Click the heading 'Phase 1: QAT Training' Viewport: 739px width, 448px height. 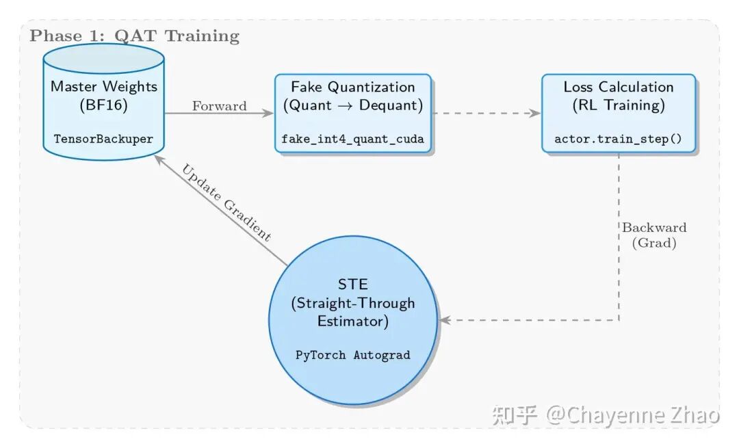pos(134,36)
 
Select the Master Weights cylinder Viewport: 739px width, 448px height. pos(103,103)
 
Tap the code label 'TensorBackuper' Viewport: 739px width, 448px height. pos(103,139)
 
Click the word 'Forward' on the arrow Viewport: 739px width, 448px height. pos(219,106)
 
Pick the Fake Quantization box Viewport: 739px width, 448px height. pos(353,114)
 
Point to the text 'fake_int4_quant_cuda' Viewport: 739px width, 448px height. pos(353,139)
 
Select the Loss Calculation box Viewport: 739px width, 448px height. pos(619,114)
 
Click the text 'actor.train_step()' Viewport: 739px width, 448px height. pos(619,139)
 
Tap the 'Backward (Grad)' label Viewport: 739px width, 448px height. pos(653,235)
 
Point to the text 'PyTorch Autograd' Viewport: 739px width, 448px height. pos(353,355)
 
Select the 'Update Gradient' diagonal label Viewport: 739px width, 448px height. pos(226,202)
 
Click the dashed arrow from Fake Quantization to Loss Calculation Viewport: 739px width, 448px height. pos(486,114)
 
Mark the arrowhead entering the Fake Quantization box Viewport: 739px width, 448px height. pos(269,114)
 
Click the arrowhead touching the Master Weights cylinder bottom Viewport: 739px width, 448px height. pos(158,159)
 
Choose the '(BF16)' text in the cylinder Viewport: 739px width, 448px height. pos(103,105)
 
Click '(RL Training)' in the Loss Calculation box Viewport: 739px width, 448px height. pos(619,105)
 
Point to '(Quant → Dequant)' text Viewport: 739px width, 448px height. pos(353,105)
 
